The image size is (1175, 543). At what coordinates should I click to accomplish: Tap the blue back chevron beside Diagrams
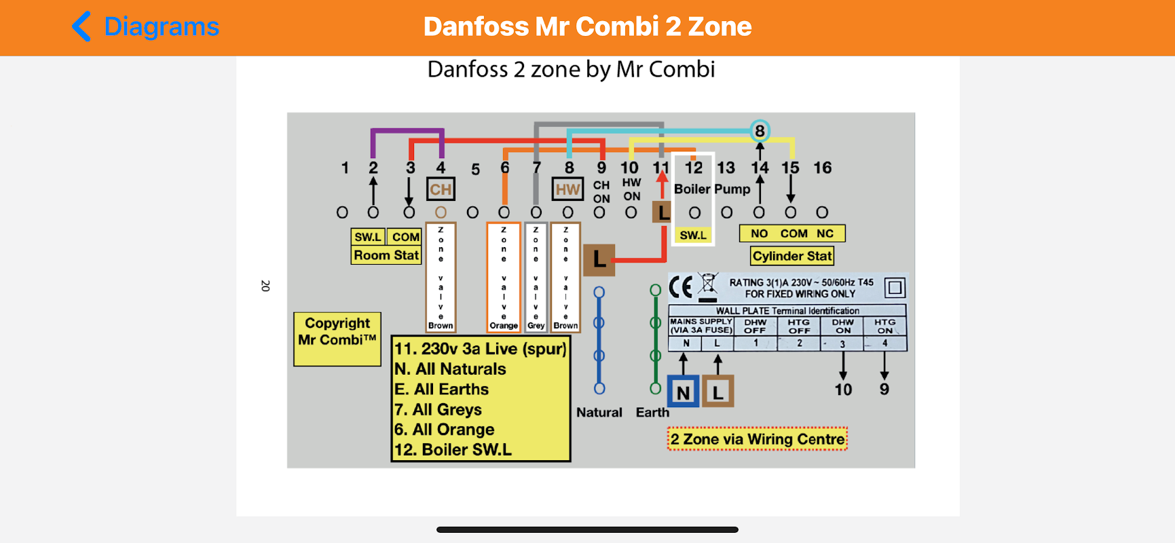click(x=81, y=26)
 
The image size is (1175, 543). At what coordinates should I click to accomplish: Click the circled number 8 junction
click(x=760, y=131)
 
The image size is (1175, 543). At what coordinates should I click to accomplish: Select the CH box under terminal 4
click(x=441, y=189)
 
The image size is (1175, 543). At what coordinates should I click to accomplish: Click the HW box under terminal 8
click(x=567, y=189)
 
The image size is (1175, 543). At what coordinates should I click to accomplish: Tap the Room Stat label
click(x=386, y=255)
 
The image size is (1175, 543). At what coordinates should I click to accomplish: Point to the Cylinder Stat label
click(x=792, y=256)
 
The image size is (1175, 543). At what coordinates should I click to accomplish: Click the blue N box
click(x=683, y=392)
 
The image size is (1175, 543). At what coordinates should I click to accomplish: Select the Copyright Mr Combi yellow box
click(x=337, y=339)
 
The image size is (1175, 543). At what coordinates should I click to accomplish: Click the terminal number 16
click(x=823, y=168)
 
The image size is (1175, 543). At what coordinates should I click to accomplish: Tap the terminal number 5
click(x=475, y=169)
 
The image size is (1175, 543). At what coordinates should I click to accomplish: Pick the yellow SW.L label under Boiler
click(x=693, y=236)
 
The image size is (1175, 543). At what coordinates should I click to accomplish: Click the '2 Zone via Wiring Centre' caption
click(x=758, y=439)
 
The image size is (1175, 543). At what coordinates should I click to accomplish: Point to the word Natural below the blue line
click(x=599, y=412)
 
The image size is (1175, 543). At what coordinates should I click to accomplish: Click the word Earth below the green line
click(x=652, y=412)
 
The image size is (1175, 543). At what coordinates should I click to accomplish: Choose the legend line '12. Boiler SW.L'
click(x=453, y=449)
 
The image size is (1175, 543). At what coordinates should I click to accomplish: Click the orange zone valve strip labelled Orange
click(x=504, y=277)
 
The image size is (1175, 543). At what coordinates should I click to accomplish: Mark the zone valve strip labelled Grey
click(x=536, y=277)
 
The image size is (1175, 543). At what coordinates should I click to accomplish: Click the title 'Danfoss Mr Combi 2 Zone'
click(x=587, y=26)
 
